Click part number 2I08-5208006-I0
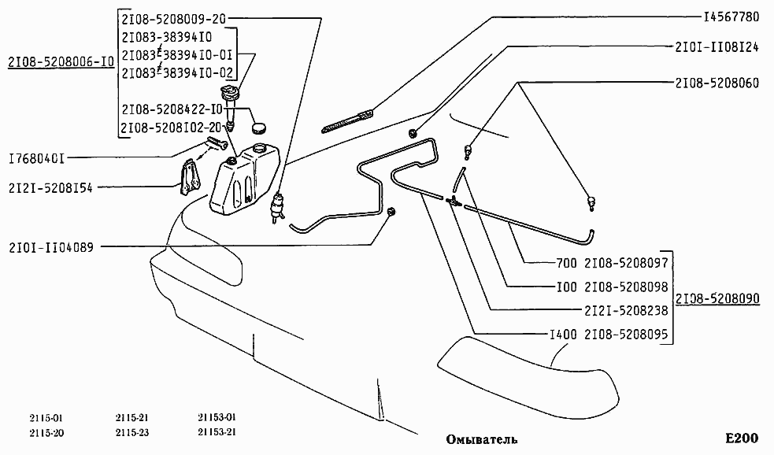pyautogui.click(x=61, y=62)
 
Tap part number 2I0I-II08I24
pyautogui.click(x=717, y=47)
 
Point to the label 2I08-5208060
pyautogui.click(x=717, y=82)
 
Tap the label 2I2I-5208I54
pyautogui.click(x=50, y=188)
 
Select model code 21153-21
pyautogui.click(x=217, y=432)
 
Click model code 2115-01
pyautogui.click(x=44, y=417)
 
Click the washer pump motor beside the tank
pyautogui.click(x=276, y=208)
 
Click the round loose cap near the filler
pyautogui.click(x=257, y=126)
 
